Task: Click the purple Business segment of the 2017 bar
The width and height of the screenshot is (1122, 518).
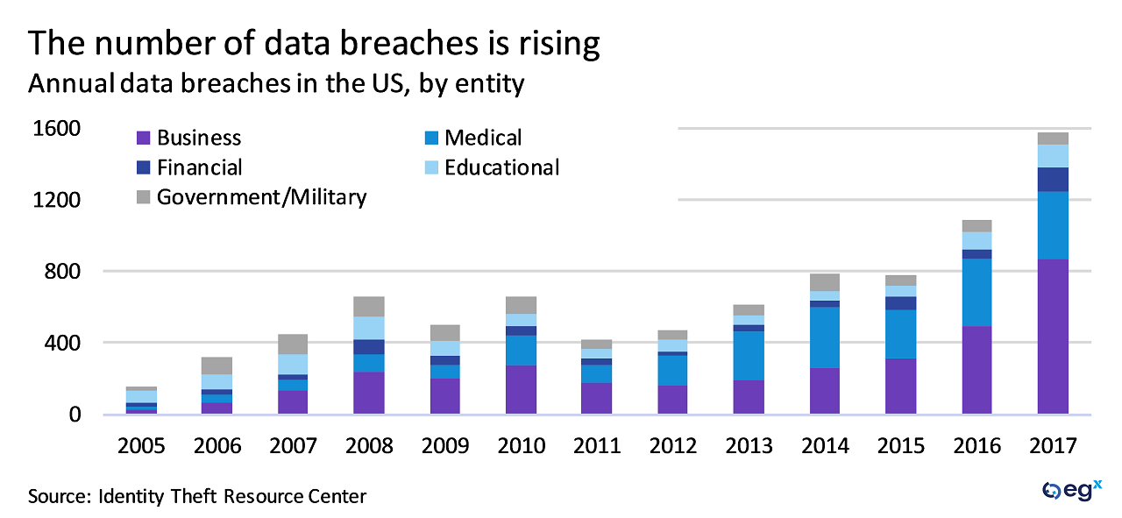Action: point(1053,337)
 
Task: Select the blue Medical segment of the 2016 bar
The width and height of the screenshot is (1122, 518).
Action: point(976,292)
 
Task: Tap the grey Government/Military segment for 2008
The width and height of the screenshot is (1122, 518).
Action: point(369,306)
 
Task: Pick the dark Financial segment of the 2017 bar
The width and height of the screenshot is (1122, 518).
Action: point(1053,180)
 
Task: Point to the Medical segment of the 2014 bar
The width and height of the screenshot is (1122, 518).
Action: point(825,337)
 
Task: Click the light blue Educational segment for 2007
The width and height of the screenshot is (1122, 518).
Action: point(293,364)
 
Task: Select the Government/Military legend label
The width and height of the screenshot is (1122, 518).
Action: point(261,197)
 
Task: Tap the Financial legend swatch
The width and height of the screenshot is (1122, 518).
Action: point(144,167)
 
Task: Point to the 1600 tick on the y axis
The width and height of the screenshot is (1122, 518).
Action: point(57,129)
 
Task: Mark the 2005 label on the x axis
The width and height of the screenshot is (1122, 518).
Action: point(141,446)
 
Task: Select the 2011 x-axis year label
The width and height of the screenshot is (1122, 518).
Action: point(597,446)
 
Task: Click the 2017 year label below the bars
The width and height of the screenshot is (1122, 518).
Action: point(1053,446)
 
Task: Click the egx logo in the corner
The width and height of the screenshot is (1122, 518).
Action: point(1071,491)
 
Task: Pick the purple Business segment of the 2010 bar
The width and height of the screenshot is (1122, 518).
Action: point(521,389)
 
